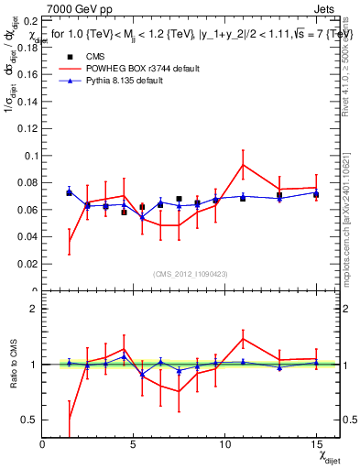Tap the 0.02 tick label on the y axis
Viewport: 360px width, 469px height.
coord(27,264)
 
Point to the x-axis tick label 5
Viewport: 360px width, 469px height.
coord(134,444)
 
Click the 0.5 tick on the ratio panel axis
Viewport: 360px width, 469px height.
coord(28,420)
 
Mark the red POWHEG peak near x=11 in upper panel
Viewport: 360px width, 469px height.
coord(243,164)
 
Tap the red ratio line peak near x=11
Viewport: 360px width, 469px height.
coord(243,339)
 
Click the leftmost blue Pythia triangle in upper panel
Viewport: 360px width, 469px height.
coord(69,192)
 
